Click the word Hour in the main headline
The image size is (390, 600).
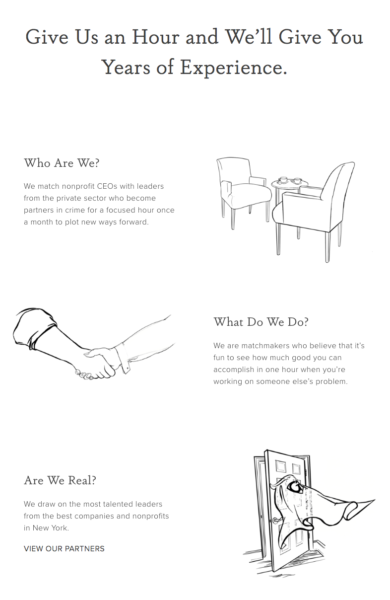click(155, 37)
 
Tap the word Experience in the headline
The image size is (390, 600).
click(231, 67)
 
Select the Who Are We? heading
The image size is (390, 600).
click(62, 163)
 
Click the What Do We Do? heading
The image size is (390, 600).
click(261, 322)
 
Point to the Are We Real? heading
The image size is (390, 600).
click(60, 480)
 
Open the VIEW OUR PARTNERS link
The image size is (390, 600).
click(64, 548)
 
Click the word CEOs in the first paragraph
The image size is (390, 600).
click(107, 186)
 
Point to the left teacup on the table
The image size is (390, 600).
click(283, 179)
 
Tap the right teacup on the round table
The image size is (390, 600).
click(297, 181)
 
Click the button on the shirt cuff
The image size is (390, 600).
click(128, 369)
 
